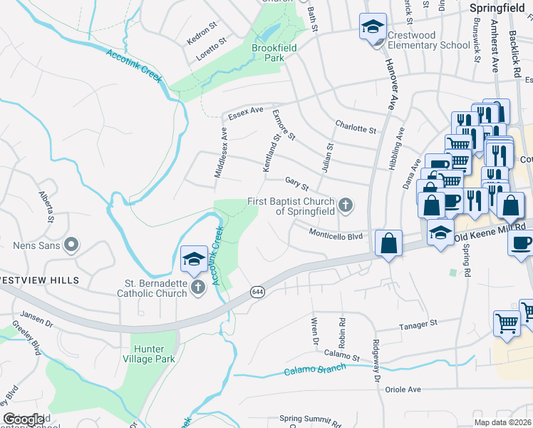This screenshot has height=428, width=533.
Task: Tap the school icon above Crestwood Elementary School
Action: [x=371, y=27]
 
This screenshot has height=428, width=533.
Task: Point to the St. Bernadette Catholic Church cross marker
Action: [x=197, y=288]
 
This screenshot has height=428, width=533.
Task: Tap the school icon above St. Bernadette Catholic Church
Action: [x=193, y=260]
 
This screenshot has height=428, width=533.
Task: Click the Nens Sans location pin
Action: [x=71, y=246]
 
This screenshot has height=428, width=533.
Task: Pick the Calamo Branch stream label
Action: [x=315, y=370]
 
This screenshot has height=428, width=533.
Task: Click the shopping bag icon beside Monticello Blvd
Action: [x=388, y=243]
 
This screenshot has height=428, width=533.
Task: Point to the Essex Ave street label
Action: [x=245, y=113]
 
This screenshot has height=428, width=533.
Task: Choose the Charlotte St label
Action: [x=356, y=128]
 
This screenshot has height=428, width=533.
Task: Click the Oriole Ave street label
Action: [x=403, y=389]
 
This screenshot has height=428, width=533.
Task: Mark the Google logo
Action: [x=24, y=419]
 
